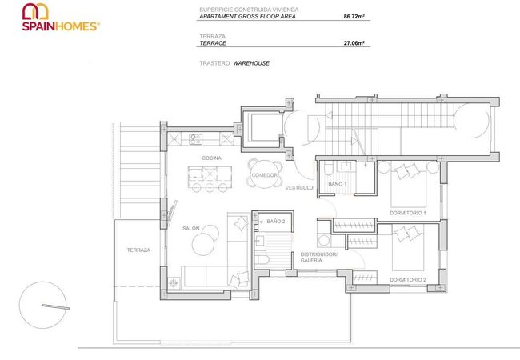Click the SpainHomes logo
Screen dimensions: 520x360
[x=61, y=18]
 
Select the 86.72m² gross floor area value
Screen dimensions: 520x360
[x=354, y=16]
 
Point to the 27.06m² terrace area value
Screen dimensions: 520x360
[x=354, y=42]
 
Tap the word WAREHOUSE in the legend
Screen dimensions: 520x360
[x=251, y=63]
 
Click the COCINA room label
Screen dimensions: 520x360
[x=211, y=158]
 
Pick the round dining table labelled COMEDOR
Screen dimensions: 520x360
[x=265, y=174]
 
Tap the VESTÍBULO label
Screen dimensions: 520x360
[x=299, y=188]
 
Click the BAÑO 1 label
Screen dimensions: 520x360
[x=337, y=184]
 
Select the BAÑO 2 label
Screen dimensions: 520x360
[x=275, y=221]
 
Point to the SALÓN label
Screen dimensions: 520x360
[x=191, y=228]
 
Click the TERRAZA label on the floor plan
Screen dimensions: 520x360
[x=138, y=250]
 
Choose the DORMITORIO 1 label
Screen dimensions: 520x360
[x=407, y=213]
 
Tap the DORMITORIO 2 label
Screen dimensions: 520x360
[x=407, y=280]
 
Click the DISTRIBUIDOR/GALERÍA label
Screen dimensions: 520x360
[x=318, y=258]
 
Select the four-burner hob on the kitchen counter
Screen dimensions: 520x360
[x=195, y=139]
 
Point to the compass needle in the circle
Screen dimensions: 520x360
[x=56, y=306]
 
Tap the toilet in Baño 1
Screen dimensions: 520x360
[x=327, y=169]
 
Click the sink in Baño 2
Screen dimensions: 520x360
[x=260, y=240]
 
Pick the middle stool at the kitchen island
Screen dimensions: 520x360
[x=210, y=188]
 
